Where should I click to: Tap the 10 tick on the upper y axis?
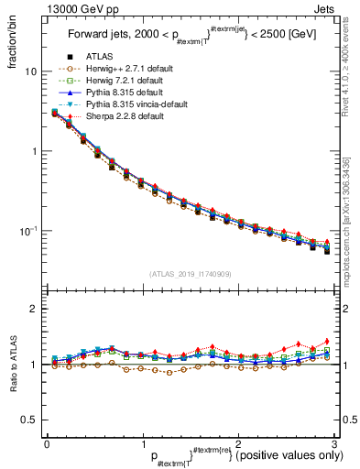pyautogui.click(x=30, y=71)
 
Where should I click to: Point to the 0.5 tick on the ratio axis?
pyautogui.click(x=28, y=420)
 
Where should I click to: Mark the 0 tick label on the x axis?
pyautogui.click(x=47, y=443)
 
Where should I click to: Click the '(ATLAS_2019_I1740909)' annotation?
pyautogui.click(x=190, y=273)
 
